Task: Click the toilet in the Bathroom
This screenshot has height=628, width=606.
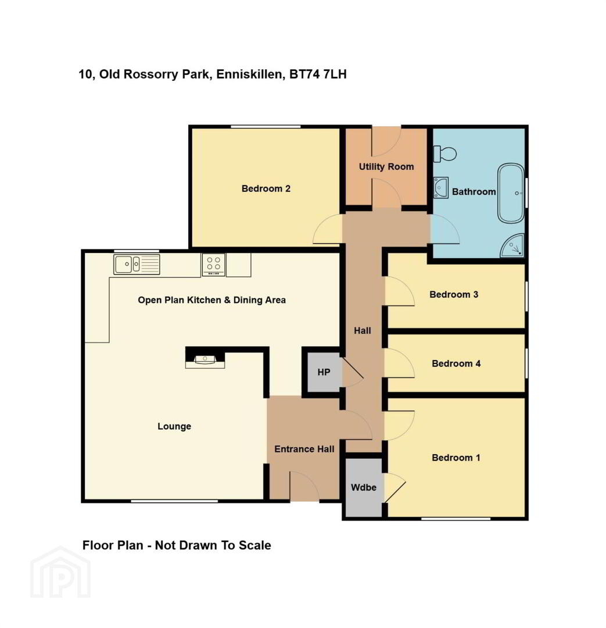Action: tap(445, 154)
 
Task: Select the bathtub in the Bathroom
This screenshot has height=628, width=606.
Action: tap(511, 193)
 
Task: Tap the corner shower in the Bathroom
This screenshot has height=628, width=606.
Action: tap(512, 245)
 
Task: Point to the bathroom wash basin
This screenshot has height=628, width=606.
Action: tap(440, 187)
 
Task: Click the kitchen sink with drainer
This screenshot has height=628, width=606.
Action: tap(137, 265)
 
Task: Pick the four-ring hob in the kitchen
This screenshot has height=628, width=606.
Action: tap(213, 265)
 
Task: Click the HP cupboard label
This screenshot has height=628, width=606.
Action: tap(324, 373)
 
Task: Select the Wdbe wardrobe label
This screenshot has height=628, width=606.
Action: tap(364, 487)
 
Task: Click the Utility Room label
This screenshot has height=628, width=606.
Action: tap(386, 167)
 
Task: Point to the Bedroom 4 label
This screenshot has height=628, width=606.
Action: tap(456, 363)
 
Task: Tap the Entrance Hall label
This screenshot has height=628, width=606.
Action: tap(304, 449)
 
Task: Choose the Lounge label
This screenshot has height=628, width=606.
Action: tap(174, 426)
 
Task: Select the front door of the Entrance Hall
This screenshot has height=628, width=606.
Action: tap(304, 486)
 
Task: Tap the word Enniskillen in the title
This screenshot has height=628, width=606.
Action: tap(249, 74)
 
